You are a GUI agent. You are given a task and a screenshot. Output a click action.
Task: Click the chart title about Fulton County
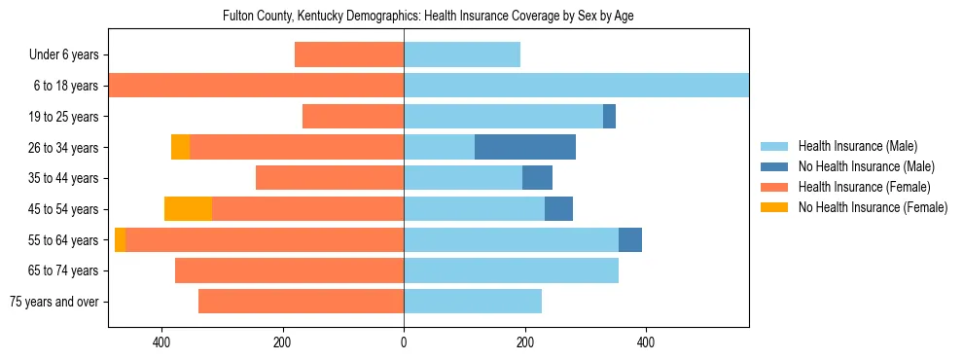[x=428, y=17]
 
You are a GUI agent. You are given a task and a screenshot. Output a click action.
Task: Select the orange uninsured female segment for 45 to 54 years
[x=188, y=208]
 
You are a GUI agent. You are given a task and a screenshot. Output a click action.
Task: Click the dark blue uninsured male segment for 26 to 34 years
[x=525, y=147]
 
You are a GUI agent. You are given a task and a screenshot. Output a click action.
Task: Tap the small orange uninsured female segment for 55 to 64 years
[x=120, y=239]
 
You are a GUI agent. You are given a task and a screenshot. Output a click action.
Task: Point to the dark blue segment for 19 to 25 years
[x=609, y=116]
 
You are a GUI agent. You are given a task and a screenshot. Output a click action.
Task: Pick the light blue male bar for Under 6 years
[x=462, y=54]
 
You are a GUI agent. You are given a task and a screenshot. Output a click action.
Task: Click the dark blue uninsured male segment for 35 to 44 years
[x=537, y=177]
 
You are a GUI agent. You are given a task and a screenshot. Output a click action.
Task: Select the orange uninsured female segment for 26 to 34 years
[x=180, y=147]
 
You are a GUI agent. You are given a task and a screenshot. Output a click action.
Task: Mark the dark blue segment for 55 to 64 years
[x=630, y=239]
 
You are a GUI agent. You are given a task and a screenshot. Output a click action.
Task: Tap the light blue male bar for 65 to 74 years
[x=511, y=270]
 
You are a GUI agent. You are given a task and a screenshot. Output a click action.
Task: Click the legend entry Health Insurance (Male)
[x=857, y=146]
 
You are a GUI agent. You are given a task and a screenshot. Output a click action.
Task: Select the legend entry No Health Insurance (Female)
[x=873, y=207]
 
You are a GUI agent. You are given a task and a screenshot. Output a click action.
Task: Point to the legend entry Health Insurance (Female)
[x=865, y=187]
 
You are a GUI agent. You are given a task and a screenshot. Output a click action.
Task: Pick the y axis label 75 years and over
[x=54, y=302]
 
